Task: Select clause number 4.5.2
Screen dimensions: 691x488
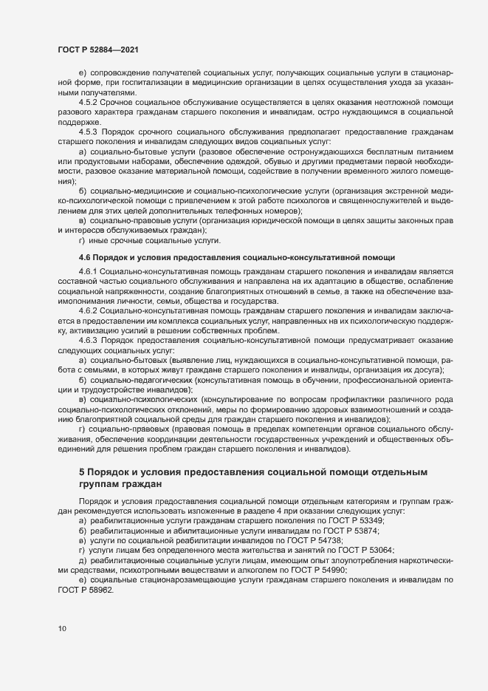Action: [90, 102]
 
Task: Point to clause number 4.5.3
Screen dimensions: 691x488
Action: [90, 131]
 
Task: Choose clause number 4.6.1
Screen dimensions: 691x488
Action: [90, 273]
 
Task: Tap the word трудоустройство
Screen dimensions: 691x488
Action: [100, 389]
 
